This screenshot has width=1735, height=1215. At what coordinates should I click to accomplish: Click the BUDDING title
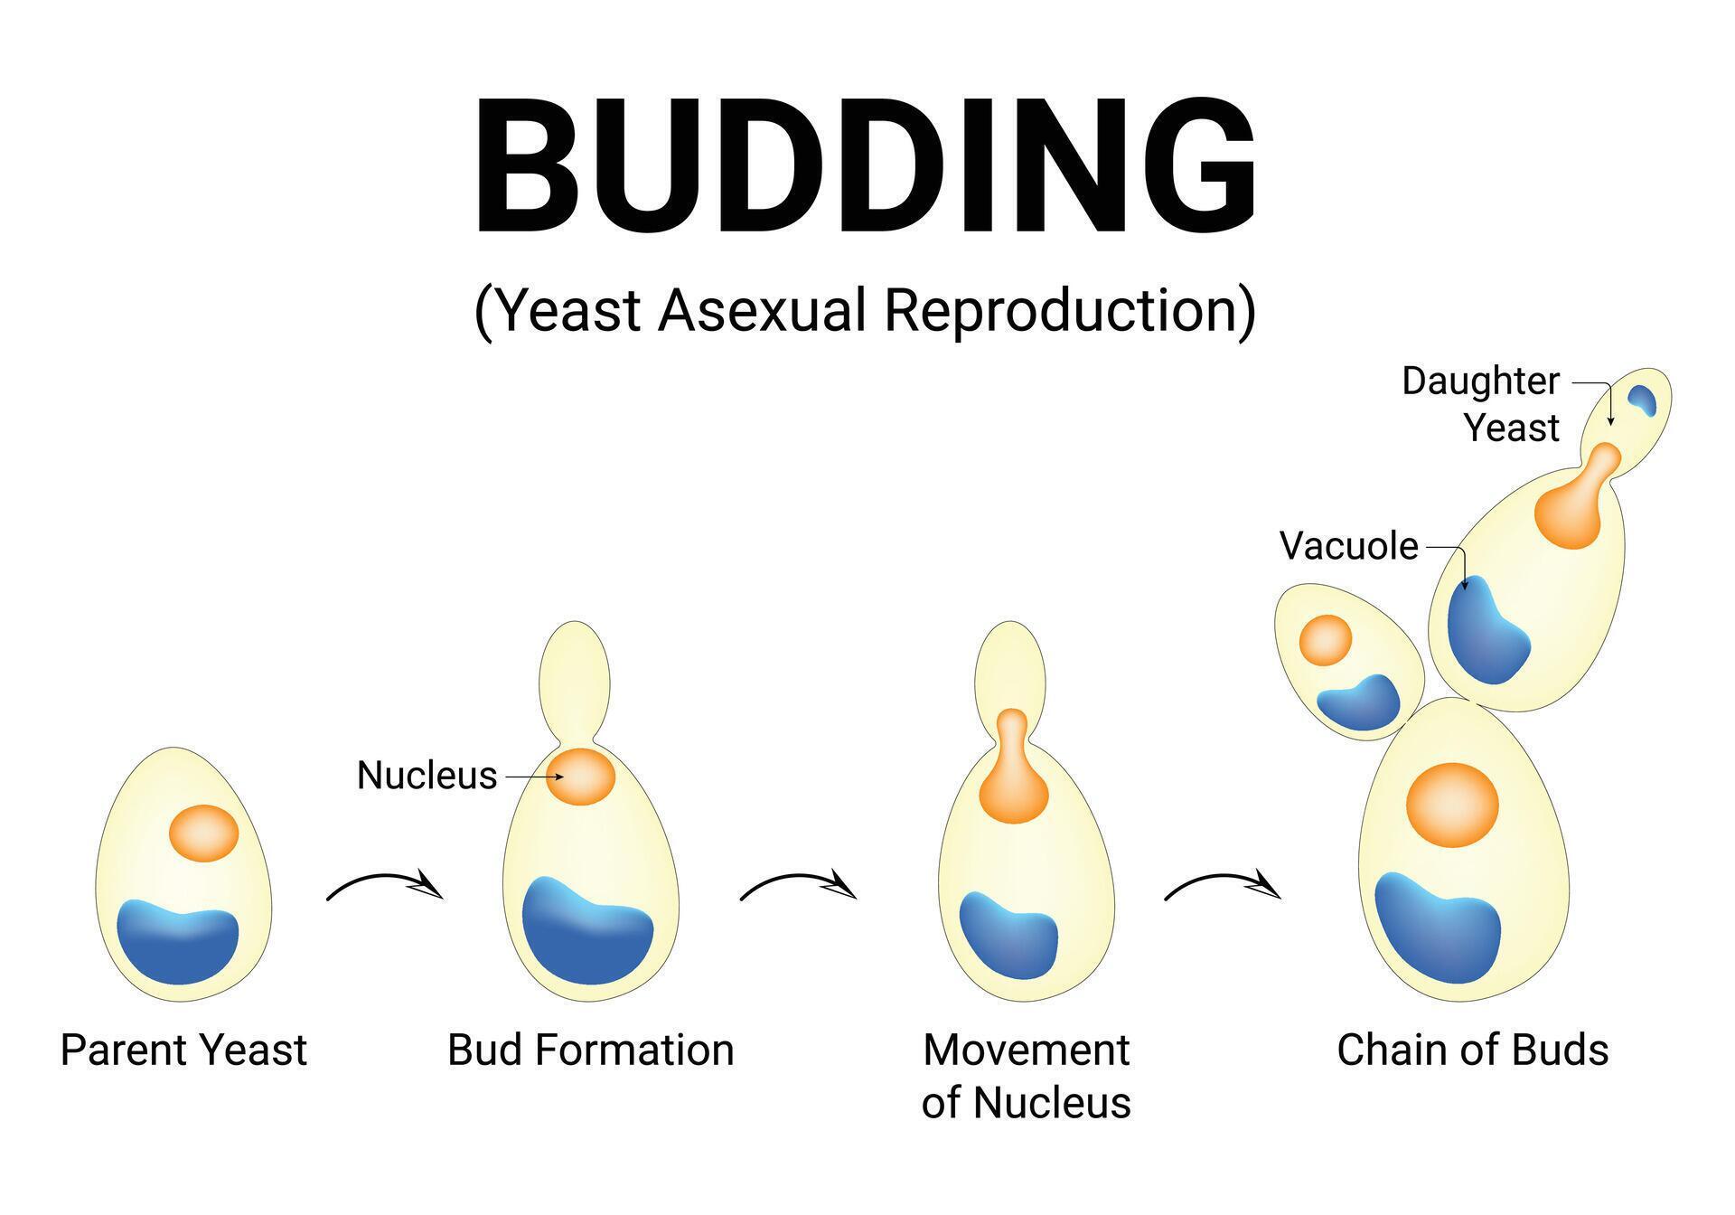[x=865, y=167]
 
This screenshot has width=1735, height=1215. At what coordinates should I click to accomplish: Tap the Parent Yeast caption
[x=183, y=1050]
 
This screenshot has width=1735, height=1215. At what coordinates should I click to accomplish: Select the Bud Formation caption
[x=590, y=1050]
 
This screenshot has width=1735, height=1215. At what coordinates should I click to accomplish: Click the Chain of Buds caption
[x=1472, y=1050]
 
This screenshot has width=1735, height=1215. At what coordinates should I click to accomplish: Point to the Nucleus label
[x=427, y=776]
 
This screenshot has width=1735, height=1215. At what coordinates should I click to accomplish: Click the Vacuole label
[x=1348, y=546]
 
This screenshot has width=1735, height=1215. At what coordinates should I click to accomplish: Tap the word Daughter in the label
[x=1480, y=381]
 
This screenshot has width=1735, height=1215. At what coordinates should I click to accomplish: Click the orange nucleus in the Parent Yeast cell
[x=204, y=833]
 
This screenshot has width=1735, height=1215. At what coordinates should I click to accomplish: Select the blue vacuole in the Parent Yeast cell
[x=179, y=940]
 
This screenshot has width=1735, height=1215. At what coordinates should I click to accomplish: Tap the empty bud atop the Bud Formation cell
[x=575, y=673]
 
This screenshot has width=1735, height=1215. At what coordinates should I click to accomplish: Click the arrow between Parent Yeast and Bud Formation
[x=385, y=886]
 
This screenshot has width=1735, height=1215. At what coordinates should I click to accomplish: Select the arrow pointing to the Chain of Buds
[x=1223, y=886]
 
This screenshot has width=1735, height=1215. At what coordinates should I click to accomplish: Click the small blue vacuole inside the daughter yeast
[x=1641, y=400]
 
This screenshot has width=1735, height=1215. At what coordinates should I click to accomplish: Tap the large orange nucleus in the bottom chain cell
[x=1452, y=805]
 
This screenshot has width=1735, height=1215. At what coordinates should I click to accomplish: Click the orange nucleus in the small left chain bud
[x=1326, y=640]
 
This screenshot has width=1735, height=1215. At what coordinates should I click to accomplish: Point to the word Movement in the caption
[x=1026, y=1050]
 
